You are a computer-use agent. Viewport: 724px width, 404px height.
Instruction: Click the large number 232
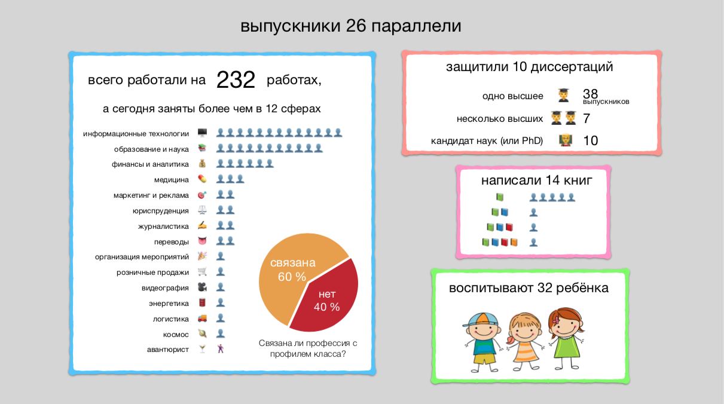click(236, 79)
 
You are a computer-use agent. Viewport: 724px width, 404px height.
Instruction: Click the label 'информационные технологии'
click(136, 134)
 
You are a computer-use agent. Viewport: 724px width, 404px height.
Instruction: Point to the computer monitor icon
click(202, 133)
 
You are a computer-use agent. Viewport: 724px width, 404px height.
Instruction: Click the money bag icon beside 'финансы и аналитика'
click(202, 164)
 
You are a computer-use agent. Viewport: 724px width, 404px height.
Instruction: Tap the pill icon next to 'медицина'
click(202, 179)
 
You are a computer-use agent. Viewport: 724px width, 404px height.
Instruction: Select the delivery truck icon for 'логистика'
click(202, 319)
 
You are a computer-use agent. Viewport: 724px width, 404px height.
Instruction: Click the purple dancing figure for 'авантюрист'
click(221, 349)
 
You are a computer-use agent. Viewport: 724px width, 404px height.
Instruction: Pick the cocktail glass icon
click(202, 349)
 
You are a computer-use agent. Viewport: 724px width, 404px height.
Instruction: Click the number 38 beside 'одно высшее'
click(590, 94)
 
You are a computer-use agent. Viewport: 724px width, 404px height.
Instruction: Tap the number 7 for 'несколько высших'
click(586, 118)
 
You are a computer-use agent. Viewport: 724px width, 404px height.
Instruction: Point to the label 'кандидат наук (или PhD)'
click(487, 141)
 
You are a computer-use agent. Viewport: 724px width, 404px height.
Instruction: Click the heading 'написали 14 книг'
click(536, 180)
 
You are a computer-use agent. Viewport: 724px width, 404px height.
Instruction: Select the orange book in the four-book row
click(514, 242)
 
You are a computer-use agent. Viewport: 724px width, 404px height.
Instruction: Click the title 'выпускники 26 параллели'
click(351, 26)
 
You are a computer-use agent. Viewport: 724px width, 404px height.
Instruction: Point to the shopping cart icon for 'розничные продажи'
click(202, 271)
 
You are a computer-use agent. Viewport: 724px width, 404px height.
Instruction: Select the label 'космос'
click(176, 335)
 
